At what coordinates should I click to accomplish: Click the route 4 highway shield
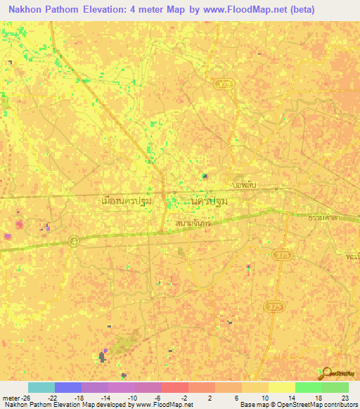(74, 240)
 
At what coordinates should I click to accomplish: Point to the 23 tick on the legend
(345, 397)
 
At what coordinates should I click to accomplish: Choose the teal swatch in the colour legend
(41, 387)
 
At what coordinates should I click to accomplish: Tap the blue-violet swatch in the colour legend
(67, 387)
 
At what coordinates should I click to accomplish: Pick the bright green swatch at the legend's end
(335, 387)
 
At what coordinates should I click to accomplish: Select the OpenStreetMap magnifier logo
(325, 372)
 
